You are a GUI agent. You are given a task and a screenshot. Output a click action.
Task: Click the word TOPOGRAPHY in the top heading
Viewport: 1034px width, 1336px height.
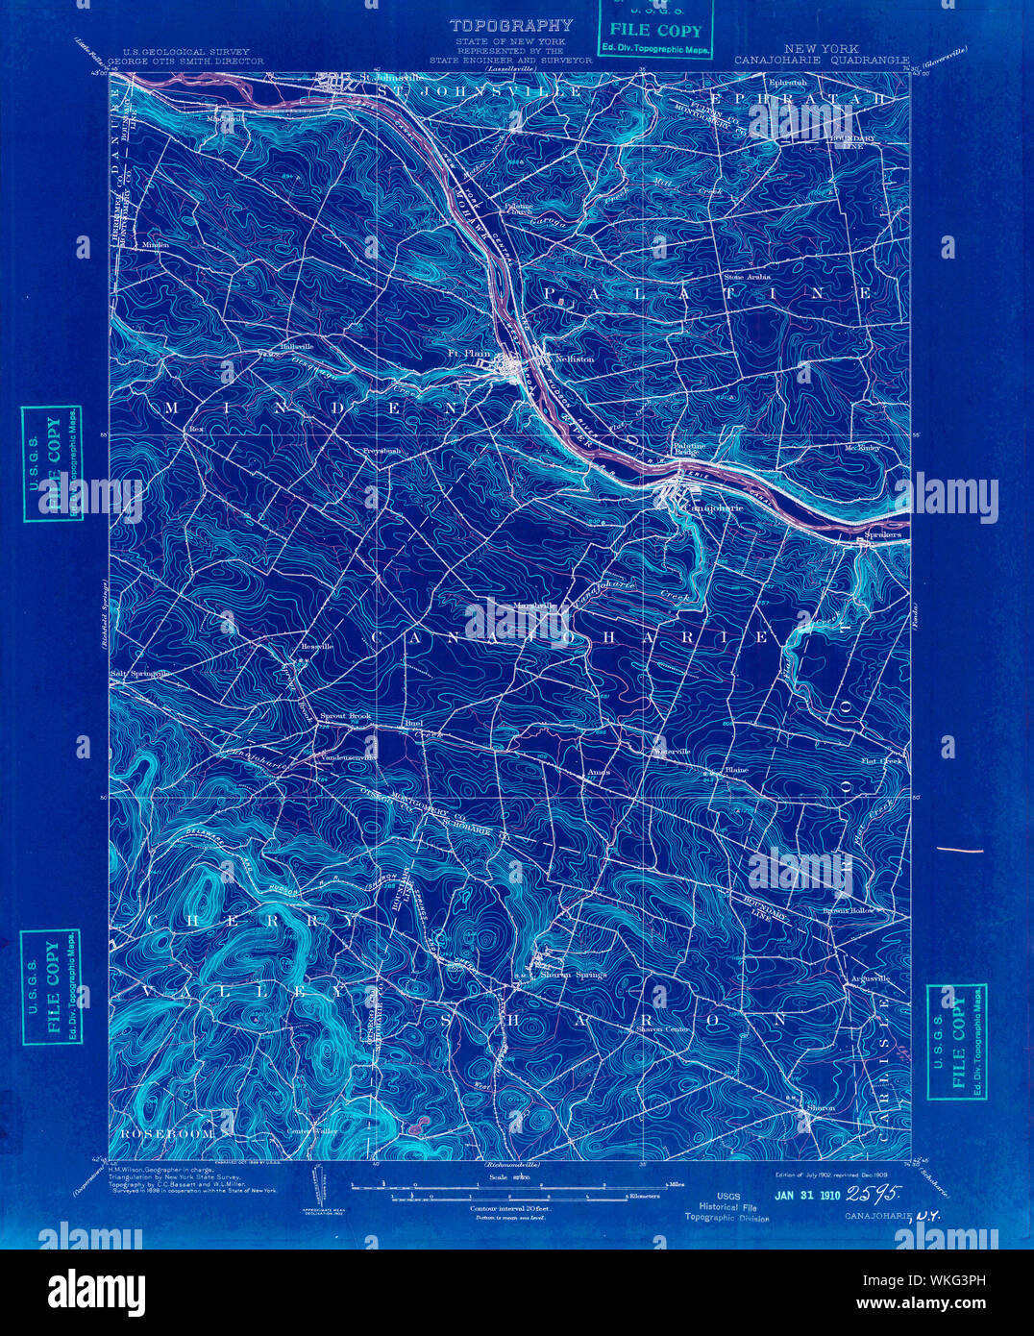[511, 26]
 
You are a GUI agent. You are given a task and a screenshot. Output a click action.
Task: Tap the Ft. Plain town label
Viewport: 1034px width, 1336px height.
[469, 353]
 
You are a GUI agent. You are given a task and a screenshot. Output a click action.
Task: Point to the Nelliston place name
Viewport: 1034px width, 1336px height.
[574, 359]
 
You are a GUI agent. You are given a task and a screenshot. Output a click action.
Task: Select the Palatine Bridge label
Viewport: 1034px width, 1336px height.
[688, 449]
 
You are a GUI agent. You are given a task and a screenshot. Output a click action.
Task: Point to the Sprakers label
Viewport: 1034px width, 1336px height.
[882, 533]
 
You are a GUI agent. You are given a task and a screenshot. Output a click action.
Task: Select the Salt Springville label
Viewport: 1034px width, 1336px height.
[140, 674]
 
